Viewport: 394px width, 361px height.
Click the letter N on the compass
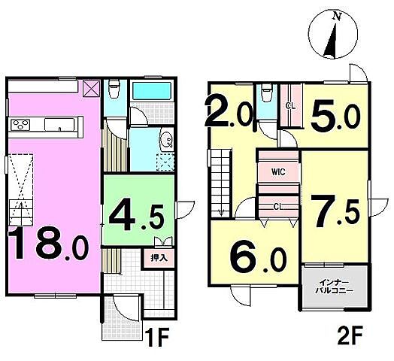(x=337, y=17)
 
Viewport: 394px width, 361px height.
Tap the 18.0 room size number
(x=49, y=243)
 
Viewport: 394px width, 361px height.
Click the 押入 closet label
(x=159, y=258)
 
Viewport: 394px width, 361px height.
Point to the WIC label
(x=278, y=172)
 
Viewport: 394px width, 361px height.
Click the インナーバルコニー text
(x=334, y=287)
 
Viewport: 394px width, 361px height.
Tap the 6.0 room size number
(x=258, y=259)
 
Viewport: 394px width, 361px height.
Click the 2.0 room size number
(x=229, y=112)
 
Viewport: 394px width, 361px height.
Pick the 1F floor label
(x=157, y=337)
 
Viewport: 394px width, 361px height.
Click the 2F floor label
(x=350, y=335)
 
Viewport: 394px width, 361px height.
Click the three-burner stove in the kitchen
(x=20, y=125)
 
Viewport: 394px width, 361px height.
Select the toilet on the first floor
(x=114, y=89)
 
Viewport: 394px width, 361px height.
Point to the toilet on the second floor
(x=266, y=93)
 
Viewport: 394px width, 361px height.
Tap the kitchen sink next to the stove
(x=60, y=125)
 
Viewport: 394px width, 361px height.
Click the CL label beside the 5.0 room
(x=291, y=106)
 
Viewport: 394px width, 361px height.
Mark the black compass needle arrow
(x=332, y=39)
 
